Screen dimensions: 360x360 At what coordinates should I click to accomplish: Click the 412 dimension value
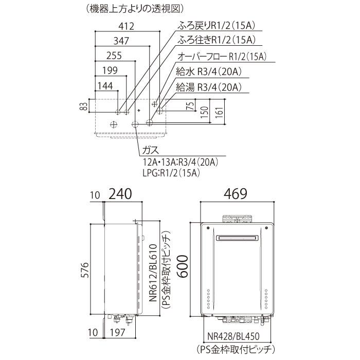(127, 26)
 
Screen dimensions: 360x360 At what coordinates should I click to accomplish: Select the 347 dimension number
(121, 41)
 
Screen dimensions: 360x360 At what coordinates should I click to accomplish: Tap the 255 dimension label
(114, 56)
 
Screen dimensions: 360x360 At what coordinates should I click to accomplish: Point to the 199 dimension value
(110, 70)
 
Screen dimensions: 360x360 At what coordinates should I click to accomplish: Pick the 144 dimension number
(105, 86)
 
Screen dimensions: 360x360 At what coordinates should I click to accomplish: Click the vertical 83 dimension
(85, 106)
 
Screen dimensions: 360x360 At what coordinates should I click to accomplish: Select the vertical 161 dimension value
(220, 112)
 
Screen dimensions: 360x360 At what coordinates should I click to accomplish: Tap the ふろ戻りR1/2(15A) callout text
(217, 26)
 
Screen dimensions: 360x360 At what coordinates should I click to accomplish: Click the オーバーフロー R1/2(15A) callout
(222, 56)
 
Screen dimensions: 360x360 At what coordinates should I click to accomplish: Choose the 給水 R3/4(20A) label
(209, 72)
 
